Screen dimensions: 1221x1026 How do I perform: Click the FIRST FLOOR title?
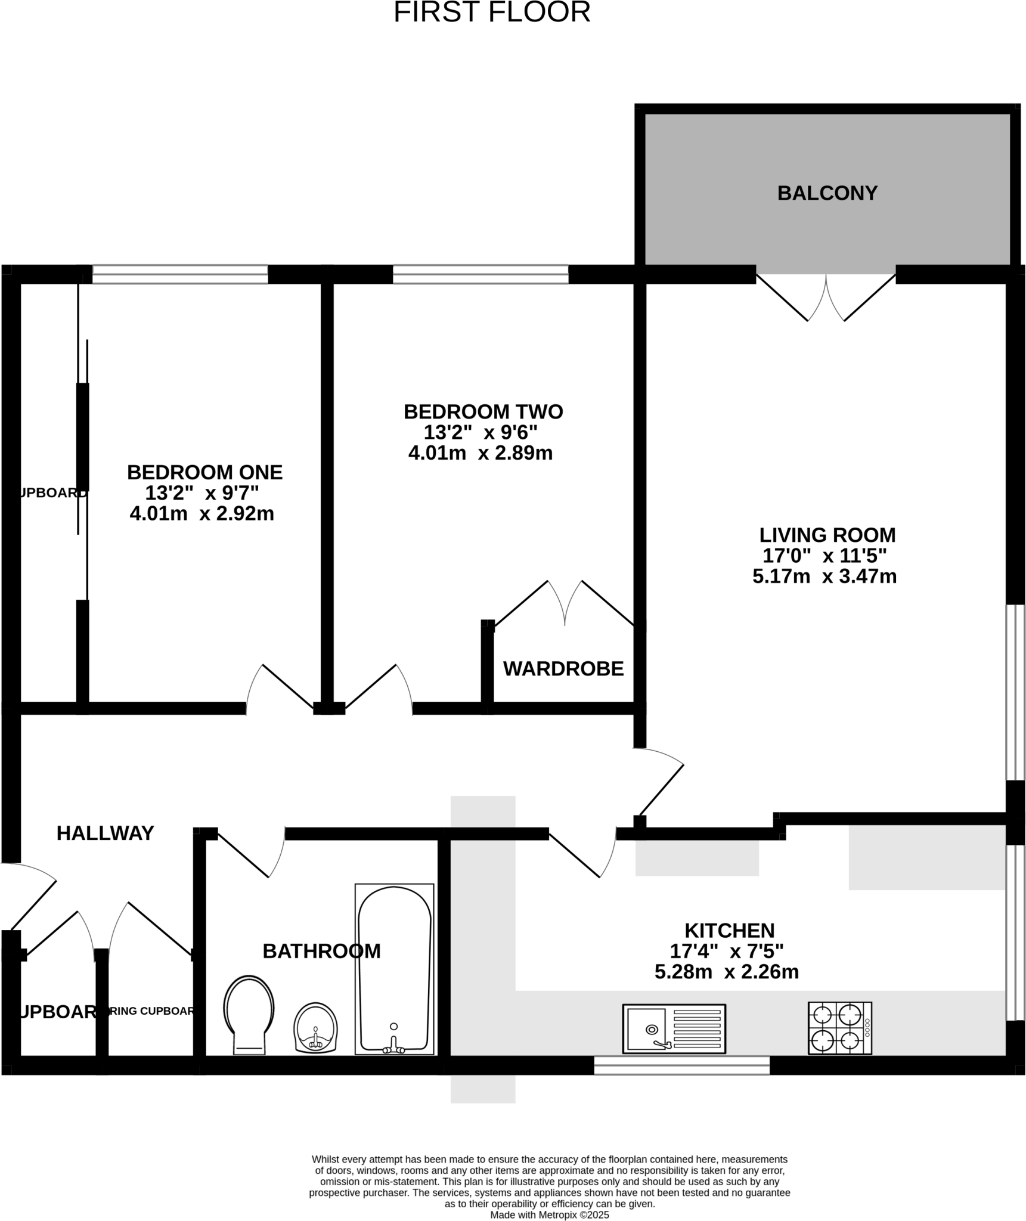[492, 13]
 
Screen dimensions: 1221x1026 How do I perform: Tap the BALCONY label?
[827, 193]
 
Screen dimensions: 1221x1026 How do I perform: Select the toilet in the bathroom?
[249, 1014]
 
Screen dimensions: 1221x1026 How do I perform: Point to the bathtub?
[394, 969]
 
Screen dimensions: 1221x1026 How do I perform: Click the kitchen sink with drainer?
[674, 1028]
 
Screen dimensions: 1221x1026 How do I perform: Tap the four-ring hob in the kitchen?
[839, 1028]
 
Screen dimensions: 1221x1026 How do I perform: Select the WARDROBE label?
[563, 669]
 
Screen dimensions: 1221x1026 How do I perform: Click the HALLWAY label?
[106, 833]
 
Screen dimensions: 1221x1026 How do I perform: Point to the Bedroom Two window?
[481, 274]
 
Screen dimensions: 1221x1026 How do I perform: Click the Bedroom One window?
[180, 274]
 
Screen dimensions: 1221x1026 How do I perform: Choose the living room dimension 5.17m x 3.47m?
[824, 577]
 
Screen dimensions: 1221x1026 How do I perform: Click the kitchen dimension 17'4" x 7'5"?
[726, 951]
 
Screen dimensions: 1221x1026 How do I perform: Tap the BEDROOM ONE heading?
[204, 472]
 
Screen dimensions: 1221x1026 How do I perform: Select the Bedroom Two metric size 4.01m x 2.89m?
[481, 453]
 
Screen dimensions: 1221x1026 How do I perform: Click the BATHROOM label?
[321, 951]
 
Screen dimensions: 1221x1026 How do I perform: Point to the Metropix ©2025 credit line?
[549, 1214]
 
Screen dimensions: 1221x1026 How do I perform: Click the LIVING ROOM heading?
[827, 535]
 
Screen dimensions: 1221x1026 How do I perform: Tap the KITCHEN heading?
[729, 930]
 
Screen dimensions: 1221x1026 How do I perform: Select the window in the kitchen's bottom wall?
[681, 1065]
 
